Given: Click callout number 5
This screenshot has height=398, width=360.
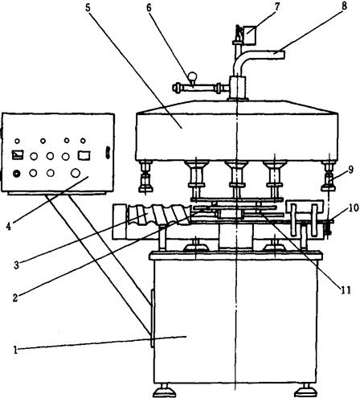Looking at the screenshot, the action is click(88, 7).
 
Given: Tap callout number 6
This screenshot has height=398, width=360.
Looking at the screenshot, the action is click(149, 8).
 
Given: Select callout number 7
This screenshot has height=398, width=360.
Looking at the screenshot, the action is click(276, 7).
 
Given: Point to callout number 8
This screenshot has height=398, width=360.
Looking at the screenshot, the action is click(344, 6).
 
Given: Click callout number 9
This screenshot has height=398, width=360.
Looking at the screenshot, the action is click(350, 170).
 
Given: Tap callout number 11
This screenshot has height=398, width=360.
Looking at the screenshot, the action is click(346, 290).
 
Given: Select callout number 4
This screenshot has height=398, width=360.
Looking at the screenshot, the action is click(9, 227).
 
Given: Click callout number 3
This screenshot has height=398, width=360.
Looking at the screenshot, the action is click(16, 265).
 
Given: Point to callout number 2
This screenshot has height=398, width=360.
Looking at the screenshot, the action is click(15, 297).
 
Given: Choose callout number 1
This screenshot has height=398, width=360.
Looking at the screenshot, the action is click(15, 350).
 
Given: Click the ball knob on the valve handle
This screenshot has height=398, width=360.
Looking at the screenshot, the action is click(192, 76).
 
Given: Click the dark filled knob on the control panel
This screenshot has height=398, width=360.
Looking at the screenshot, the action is click(17, 174).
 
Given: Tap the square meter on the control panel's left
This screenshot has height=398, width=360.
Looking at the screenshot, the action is click(18, 154).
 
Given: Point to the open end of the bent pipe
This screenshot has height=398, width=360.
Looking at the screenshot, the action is click(283, 55).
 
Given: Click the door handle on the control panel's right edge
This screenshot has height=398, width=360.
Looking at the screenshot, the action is click(108, 153).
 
